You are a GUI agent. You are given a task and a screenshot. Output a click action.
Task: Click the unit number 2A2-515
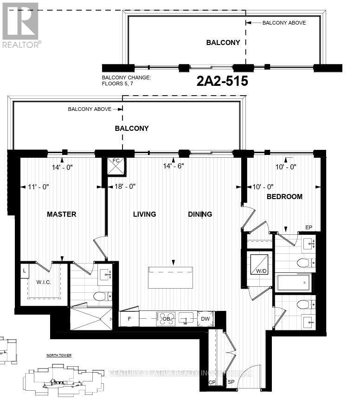pos(222,82)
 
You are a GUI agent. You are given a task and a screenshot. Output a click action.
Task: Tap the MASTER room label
pos(61,214)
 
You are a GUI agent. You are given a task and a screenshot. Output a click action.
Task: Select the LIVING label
pos(144,214)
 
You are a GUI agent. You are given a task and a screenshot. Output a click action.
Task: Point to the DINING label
pos(200,214)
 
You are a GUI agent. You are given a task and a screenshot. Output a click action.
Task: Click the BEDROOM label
pos(284,197)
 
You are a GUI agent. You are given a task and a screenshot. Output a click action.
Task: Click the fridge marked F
pos(129,319)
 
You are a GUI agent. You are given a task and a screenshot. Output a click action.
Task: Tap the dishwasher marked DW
pos(205,319)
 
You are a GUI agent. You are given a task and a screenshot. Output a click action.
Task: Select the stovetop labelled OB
pos(166,319)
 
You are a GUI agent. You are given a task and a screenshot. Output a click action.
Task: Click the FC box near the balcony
pos(116,165)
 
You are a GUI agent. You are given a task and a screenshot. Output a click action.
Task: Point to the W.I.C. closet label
pos(45,282)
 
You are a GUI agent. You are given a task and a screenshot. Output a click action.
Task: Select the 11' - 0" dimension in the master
pos(39,187)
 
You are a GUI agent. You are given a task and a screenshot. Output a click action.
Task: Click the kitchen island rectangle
pos(170,277)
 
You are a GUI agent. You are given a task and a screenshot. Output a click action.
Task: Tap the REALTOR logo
pos(21,26)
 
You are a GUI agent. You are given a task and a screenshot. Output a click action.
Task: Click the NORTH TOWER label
pos(58,355)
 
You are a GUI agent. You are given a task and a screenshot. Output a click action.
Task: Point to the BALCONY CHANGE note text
pos(127,81)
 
